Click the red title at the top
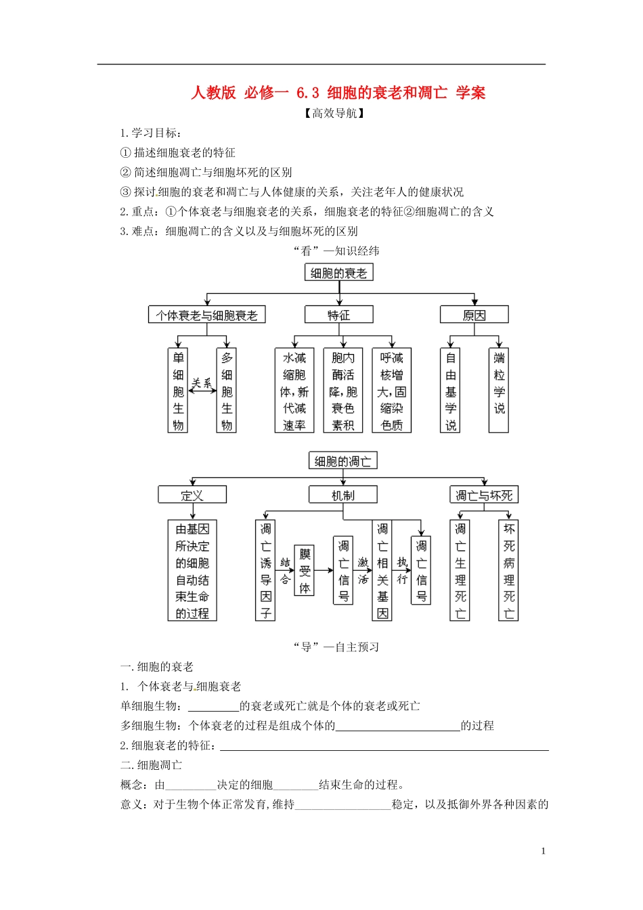pyautogui.click(x=338, y=92)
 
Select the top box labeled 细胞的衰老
pyautogui.click(x=338, y=273)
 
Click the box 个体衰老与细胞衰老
pyautogui.click(x=206, y=315)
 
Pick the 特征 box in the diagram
pyautogui.click(x=338, y=315)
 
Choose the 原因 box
pyautogui.click(x=474, y=315)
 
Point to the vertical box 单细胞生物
pyautogui.click(x=178, y=391)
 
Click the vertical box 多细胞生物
pyautogui.click(x=227, y=391)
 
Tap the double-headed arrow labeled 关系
pyautogui.click(x=202, y=389)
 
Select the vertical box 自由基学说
pyautogui.click(x=451, y=391)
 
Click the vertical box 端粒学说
pyautogui.click(x=499, y=391)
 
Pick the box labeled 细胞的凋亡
pyautogui.click(x=342, y=461)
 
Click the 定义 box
pyautogui.click(x=192, y=495)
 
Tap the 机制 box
pyautogui.click(x=342, y=495)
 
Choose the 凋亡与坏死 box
pyautogui.click(x=484, y=495)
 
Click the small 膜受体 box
pyautogui.click(x=305, y=570)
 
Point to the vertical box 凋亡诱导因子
pyautogui.click(x=265, y=570)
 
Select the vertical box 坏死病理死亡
pyautogui.click(x=509, y=570)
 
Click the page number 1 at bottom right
pyautogui.click(x=544, y=851)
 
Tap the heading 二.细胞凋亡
pyautogui.click(x=151, y=765)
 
